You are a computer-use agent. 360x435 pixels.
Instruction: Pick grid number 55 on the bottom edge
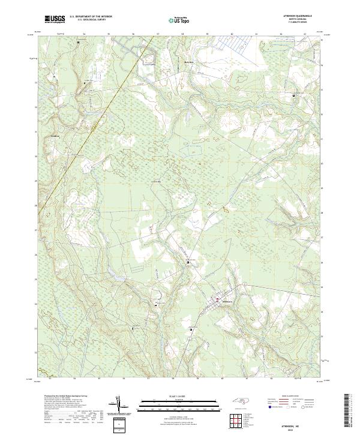(x=100, y=379)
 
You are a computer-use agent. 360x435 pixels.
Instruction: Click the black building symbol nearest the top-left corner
(x=78, y=43)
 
